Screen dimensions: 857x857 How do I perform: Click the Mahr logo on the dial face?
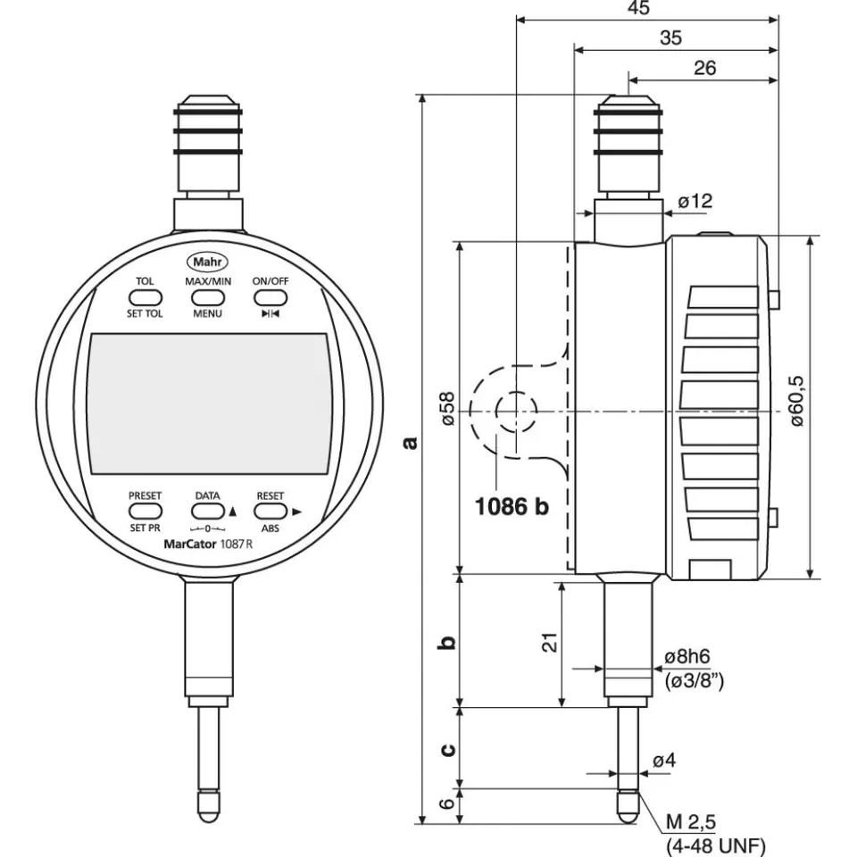[207, 262]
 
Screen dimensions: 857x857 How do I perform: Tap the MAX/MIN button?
[208, 297]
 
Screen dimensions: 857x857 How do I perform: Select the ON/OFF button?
[270, 297]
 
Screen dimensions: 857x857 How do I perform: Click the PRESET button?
[145, 511]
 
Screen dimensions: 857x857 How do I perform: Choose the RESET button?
[270, 511]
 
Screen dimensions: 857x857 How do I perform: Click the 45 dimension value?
[638, 8]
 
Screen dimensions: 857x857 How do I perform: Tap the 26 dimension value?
[705, 68]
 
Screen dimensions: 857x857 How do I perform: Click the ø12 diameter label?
[695, 202]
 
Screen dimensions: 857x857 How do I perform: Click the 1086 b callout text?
[512, 507]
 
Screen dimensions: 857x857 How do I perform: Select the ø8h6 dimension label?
[687, 657]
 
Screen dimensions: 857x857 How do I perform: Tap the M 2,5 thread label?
[692, 821]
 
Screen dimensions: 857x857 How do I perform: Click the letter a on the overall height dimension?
[410, 441]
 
